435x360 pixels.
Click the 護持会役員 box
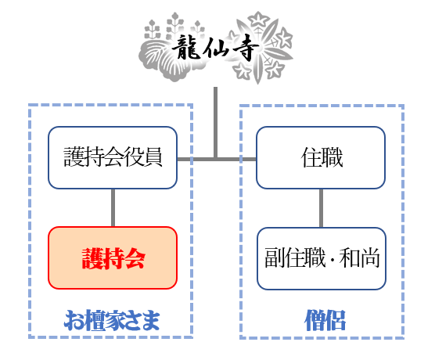113,157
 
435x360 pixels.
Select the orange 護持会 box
113,257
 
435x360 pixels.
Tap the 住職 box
321,157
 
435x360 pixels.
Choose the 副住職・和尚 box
322,258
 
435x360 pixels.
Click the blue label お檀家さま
112,321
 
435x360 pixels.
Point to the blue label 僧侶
325,321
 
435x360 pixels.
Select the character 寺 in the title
246,49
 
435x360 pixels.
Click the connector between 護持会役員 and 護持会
113,208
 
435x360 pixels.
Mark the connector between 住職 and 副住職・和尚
321,208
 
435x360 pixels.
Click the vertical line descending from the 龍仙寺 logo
216,123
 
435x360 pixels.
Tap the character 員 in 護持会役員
153,157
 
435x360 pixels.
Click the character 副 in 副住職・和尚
275,257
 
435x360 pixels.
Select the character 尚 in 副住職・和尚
370,257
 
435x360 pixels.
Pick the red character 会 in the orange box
135,258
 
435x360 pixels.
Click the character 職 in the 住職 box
332,157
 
